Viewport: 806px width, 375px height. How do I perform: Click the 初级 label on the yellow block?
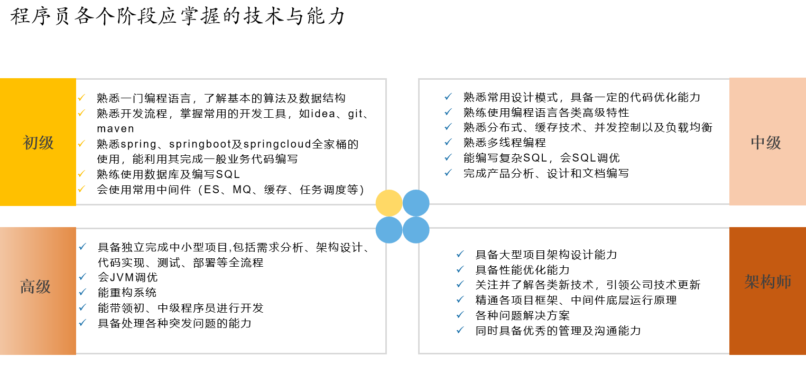[x=38, y=143]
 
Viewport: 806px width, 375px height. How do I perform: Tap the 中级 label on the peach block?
[x=766, y=143]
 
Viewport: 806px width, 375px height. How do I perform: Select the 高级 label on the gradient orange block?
[x=35, y=287]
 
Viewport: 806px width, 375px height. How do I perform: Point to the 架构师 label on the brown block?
[x=767, y=282]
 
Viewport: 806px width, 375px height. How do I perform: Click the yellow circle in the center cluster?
[x=389, y=203]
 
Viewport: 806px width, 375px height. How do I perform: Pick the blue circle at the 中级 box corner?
[x=416, y=203]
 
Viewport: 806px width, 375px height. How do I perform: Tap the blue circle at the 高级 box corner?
[x=389, y=230]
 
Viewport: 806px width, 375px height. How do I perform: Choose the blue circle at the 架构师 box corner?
[x=416, y=230]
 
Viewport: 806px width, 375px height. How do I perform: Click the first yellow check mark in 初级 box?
[x=81, y=98]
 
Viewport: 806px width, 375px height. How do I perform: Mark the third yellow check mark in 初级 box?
[x=81, y=144]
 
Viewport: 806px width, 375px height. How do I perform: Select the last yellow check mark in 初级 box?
[x=81, y=189]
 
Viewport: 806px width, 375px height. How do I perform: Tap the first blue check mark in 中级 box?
[x=448, y=97]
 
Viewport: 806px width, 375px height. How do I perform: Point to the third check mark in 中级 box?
[x=448, y=127]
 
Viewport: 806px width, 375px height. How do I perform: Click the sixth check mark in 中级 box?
[x=448, y=173]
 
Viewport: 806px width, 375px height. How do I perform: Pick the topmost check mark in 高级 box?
[x=82, y=247]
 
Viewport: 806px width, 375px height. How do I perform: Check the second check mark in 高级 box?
[x=82, y=277]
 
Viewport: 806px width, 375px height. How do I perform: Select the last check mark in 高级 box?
[x=82, y=323]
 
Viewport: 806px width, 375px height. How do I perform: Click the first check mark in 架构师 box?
[x=460, y=254]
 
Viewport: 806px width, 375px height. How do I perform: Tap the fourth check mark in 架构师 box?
[x=460, y=299]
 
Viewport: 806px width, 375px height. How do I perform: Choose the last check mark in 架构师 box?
[x=460, y=330]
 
